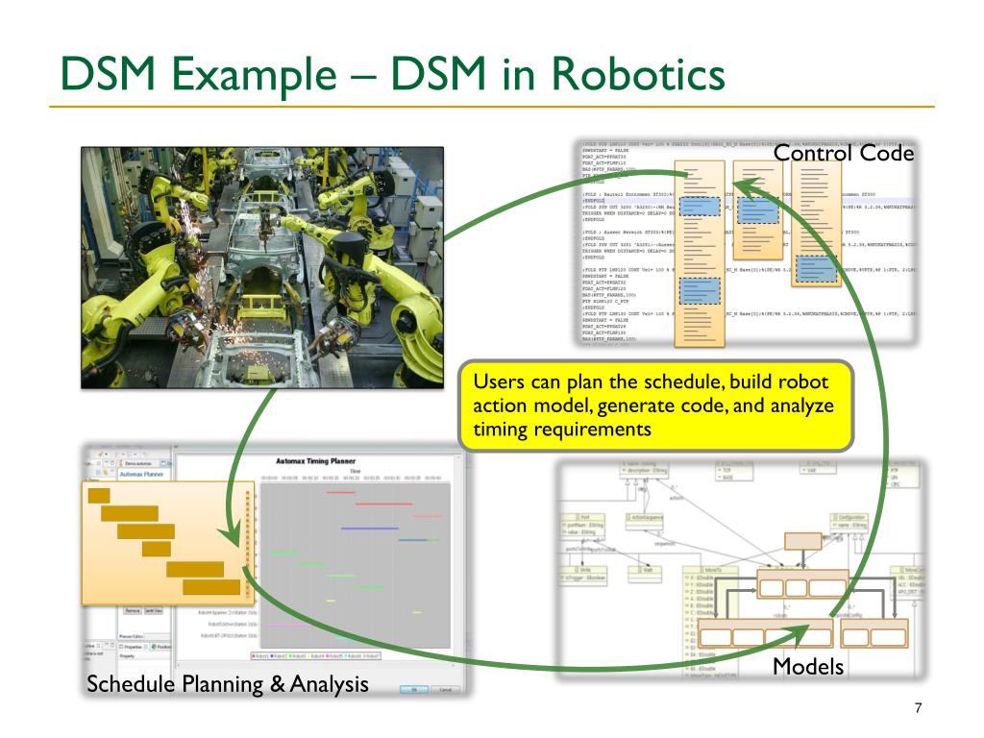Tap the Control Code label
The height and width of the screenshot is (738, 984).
(843, 153)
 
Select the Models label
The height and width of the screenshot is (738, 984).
(808, 666)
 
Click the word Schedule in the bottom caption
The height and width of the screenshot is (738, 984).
(134, 684)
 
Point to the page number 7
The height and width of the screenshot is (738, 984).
(919, 708)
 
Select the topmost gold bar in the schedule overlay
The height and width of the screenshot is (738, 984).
(99, 495)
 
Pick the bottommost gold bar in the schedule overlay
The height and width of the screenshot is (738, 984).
(210, 586)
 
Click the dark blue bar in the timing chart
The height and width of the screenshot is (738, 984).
(369, 528)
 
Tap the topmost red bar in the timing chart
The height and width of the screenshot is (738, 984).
(341, 493)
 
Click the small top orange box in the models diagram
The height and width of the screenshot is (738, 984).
(803, 542)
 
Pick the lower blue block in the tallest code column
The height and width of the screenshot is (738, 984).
(701, 290)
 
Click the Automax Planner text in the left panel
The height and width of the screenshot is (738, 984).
(142, 474)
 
